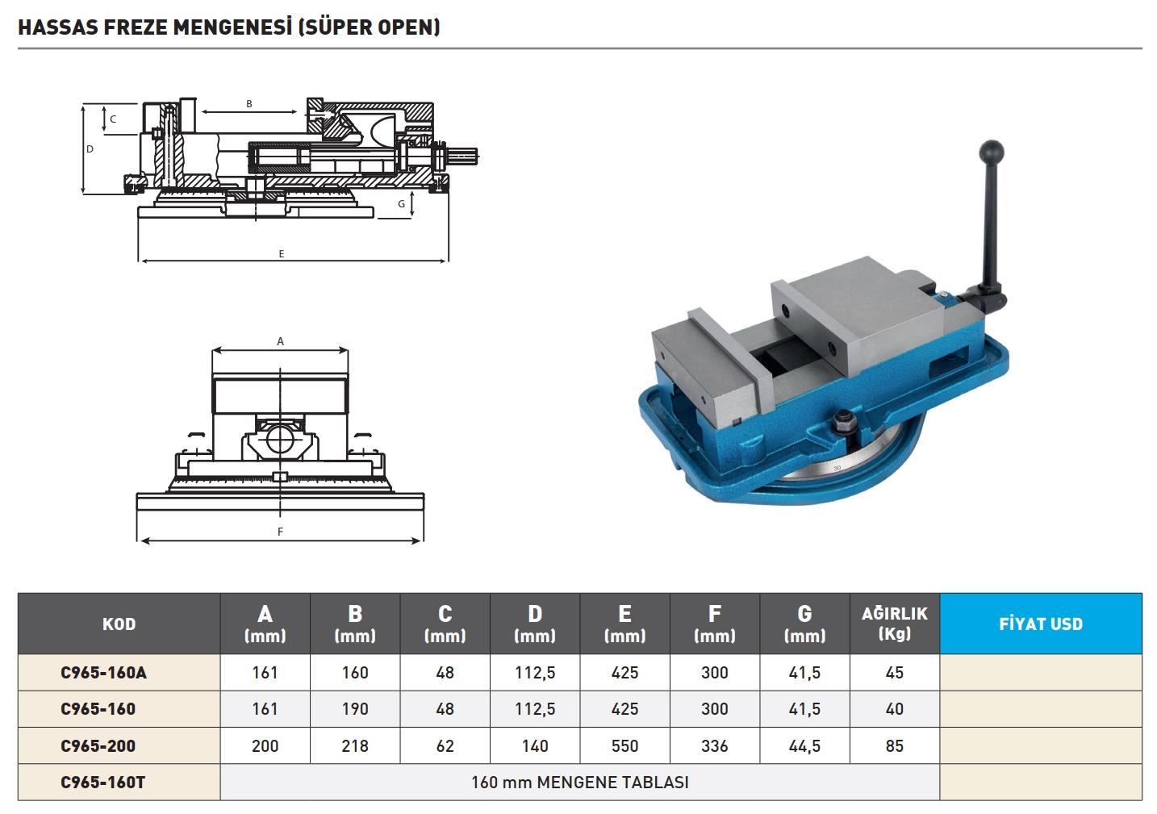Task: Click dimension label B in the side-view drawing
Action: click(x=249, y=104)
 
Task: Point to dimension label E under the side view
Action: click(x=282, y=254)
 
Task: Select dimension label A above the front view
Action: click(x=281, y=342)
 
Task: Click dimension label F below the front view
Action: click(x=280, y=532)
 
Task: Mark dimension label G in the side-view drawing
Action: click(x=402, y=204)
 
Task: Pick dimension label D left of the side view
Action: click(x=90, y=149)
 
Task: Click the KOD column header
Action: click(x=119, y=624)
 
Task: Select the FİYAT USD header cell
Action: click(x=1041, y=624)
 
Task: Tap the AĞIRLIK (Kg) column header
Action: click(x=894, y=624)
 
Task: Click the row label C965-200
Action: click(x=98, y=745)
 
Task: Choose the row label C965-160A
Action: click(x=103, y=673)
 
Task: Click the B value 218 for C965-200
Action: click(x=355, y=745)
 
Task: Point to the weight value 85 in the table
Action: click(x=894, y=745)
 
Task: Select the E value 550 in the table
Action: click(x=624, y=745)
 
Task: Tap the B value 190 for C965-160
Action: click(x=355, y=709)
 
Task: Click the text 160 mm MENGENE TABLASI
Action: click(x=579, y=782)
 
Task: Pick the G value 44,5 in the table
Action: click(x=804, y=745)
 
